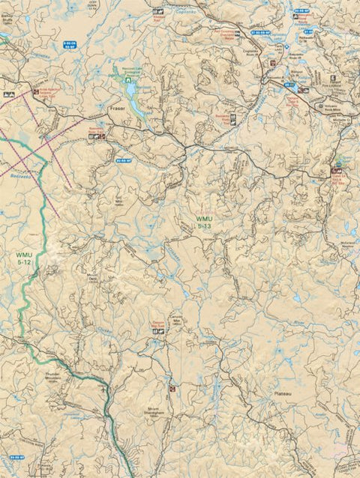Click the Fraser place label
116,108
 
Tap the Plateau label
282,392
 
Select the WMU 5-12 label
25,258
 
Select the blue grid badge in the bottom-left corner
18,456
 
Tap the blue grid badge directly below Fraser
123,160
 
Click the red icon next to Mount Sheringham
173,388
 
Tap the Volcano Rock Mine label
325,106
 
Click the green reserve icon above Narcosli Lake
115,69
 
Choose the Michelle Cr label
345,120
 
